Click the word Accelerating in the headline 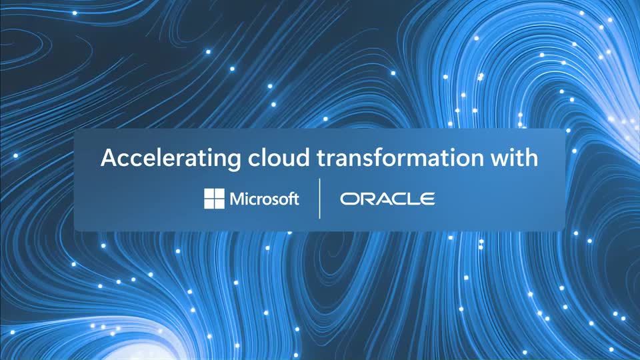tap(171, 159)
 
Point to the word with tap(514, 157)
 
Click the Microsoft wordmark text tap(265, 199)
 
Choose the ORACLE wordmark tap(387, 199)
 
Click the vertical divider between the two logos tap(319, 199)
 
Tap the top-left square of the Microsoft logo tap(209, 193)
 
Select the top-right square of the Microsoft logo tap(219, 193)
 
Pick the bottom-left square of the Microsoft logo tap(209, 204)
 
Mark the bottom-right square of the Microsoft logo tap(219, 204)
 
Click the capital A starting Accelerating tap(109, 158)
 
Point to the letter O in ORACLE tap(349, 199)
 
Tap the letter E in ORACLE tap(427, 199)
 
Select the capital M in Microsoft tap(238, 199)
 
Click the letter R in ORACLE tap(367, 199)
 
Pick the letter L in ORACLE tap(411, 199)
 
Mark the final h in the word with tap(532, 157)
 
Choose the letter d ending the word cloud tap(303, 157)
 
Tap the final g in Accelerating tap(234, 161)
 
